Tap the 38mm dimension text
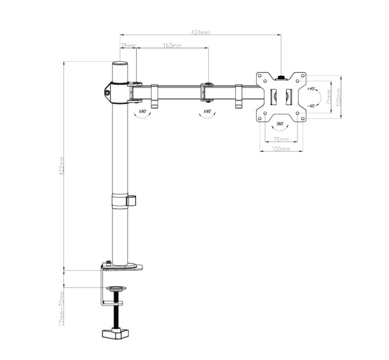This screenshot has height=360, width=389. click(x=128, y=45)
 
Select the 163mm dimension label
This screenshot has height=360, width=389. click(x=172, y=45)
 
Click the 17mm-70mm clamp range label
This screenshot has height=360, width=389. click(x=62, y=308)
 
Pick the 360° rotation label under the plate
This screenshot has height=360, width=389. click(x=280, y=123)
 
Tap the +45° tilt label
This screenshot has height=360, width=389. click(x=311, y=89)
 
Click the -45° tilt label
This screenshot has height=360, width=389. click(x=311, y=106)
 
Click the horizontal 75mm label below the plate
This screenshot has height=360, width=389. click(x=280, y=139)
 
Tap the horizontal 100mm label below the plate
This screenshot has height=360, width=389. click(x=280, y=149)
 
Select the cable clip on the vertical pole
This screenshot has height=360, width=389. click(x=132, y=200)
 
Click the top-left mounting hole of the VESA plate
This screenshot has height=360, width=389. click(x=259, y=75)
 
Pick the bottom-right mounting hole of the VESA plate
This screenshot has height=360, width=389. click(x=301, y=119)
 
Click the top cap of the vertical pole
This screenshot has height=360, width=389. click(x=120, y=63)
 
